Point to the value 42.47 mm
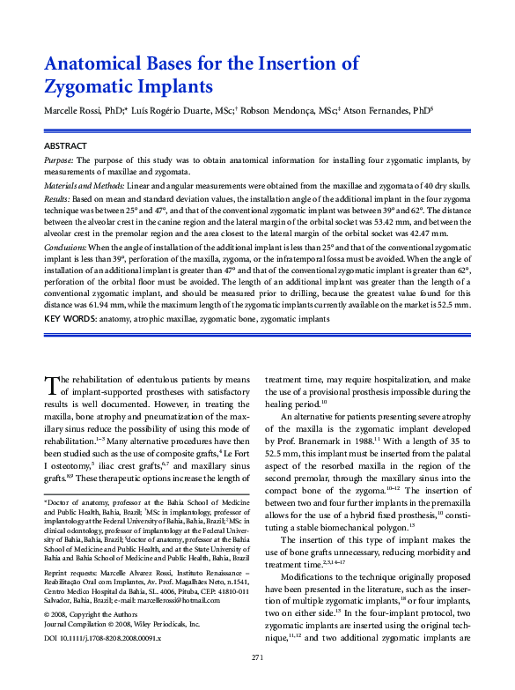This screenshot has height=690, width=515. point(452,236)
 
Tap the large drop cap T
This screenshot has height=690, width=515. point(50,382)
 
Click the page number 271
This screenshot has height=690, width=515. point(257,657)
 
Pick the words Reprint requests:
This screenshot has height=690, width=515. point(72,571)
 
